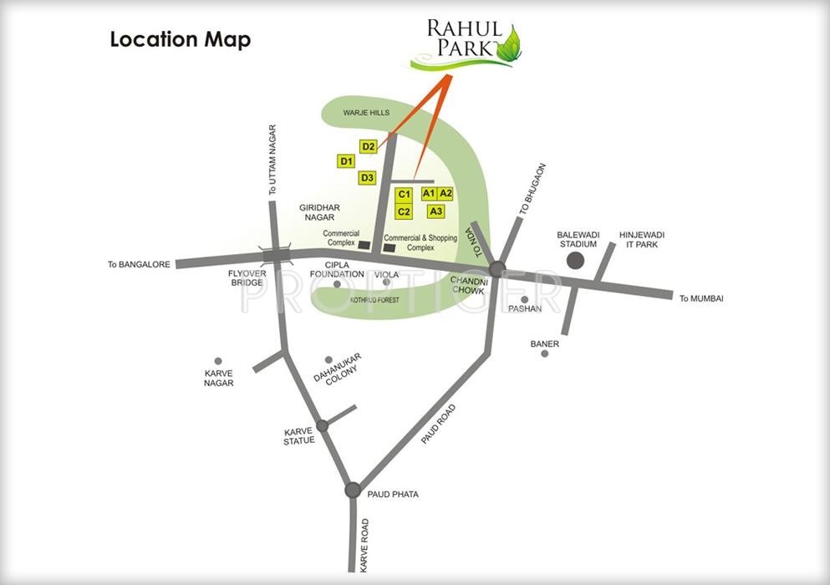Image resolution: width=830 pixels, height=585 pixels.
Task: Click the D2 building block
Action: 369,147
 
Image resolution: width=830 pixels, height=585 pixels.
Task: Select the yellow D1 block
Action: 346,161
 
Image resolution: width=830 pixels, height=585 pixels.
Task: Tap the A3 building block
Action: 435,211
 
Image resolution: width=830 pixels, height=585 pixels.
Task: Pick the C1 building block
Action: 404,195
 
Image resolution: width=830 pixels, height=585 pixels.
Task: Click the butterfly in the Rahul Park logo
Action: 510,43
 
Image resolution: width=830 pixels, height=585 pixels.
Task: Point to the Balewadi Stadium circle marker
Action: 576,261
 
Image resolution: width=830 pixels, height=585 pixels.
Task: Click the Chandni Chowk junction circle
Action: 496,269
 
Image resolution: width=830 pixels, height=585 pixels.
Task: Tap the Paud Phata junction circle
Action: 353,490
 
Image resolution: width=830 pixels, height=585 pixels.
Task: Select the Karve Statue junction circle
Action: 322,425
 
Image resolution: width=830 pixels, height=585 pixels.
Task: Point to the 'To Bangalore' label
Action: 139,265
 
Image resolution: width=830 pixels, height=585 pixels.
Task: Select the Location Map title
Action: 180,40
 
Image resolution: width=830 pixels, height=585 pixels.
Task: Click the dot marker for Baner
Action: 544,354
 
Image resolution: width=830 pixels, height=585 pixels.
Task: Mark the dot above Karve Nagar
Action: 218,361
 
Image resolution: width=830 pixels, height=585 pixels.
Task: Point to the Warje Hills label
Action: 366,112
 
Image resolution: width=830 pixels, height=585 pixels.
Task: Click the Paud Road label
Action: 439,424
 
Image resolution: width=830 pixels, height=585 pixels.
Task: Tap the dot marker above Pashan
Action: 524,299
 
